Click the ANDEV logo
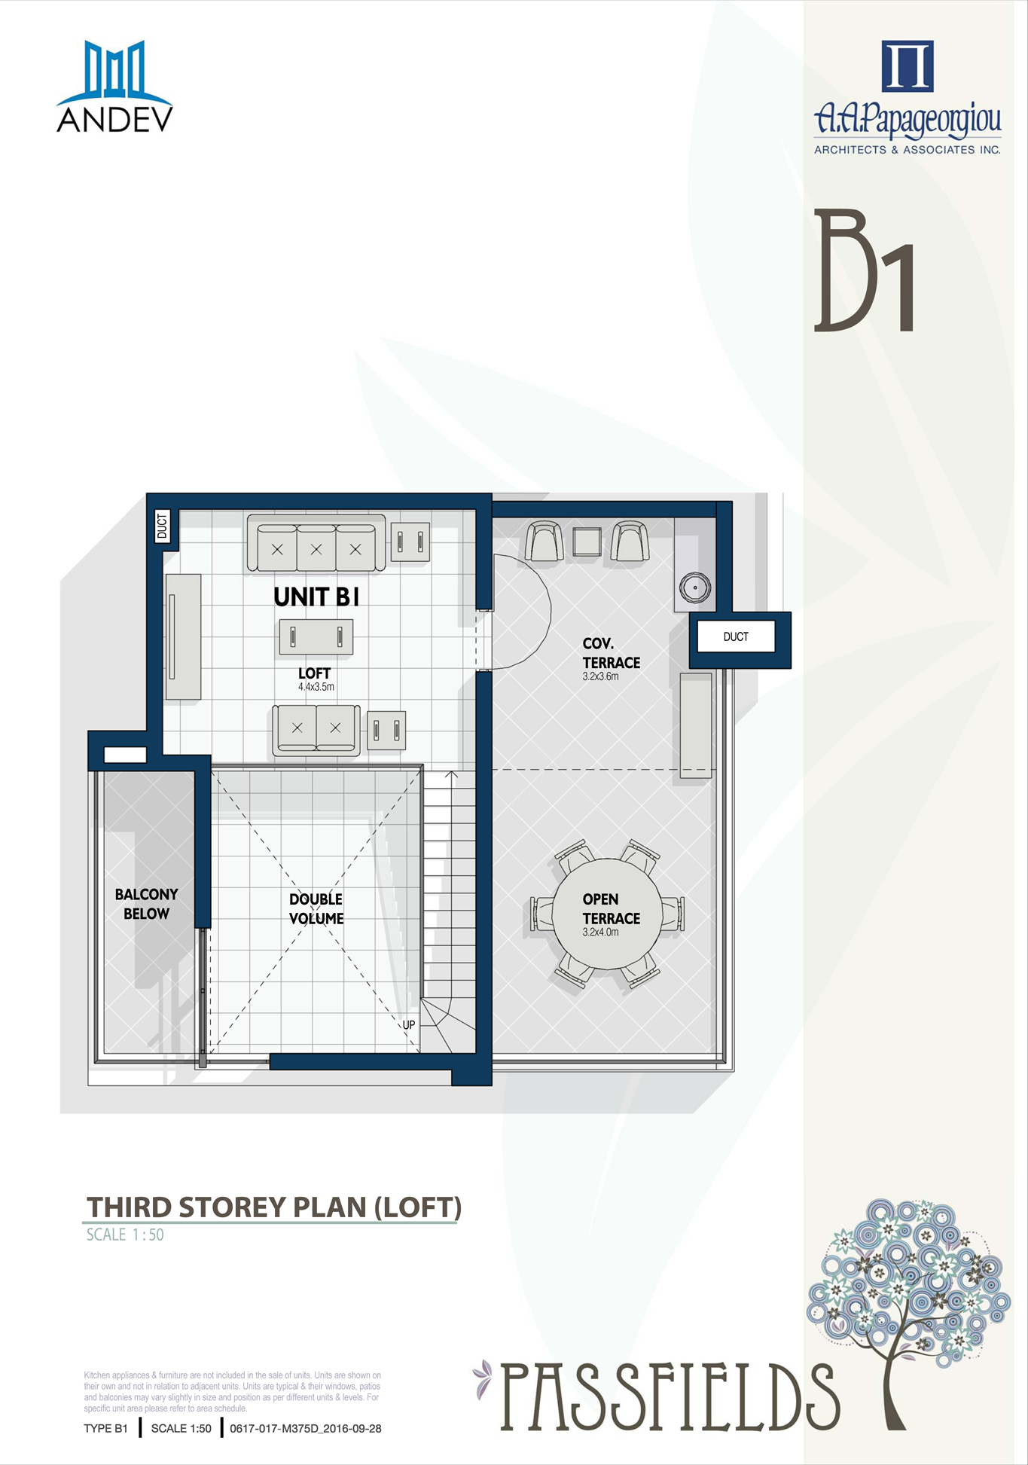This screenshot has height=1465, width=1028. point(114,87)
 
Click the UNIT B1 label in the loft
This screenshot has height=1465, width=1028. point(316,597)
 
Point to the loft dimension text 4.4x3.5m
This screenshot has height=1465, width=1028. point(316,687)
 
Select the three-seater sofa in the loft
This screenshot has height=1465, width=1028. point(316,543)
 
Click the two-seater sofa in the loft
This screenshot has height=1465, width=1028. point(316,730)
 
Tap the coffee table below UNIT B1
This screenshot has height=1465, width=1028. point(316,637)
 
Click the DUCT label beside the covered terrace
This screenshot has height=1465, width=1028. point(736,636)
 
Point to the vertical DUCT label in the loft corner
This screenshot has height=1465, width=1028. point(163,526)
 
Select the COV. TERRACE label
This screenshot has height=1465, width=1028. point(611,653)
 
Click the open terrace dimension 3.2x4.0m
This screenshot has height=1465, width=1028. point(600,932)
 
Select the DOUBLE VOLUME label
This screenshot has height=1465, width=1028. point(316,908)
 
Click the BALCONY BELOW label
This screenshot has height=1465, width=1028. point(146,904)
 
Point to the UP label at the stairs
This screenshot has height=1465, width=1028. point(409,1025)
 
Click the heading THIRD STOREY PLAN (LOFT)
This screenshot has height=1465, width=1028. point(274,1207)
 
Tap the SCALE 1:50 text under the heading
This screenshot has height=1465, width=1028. point(125,1235)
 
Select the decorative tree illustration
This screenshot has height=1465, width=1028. point(908,1314)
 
